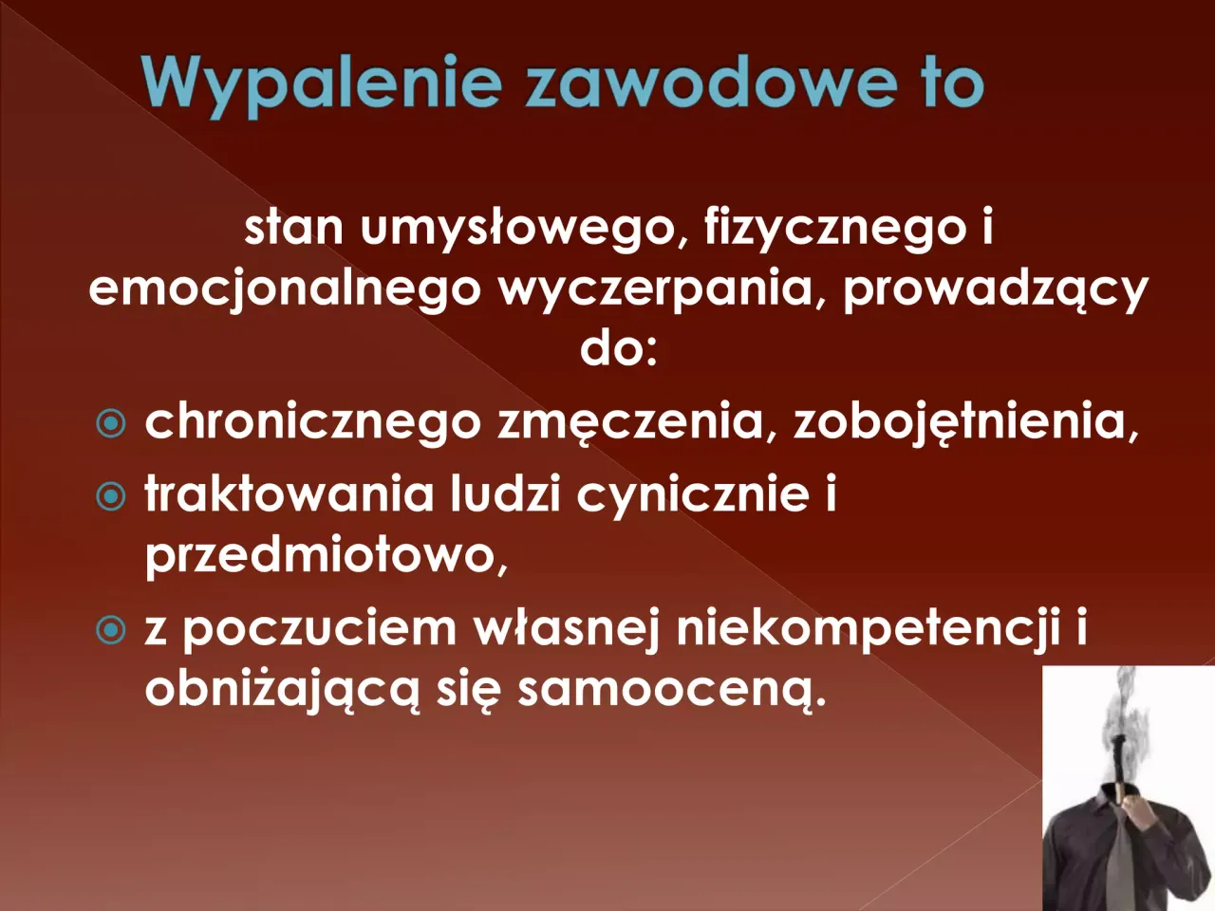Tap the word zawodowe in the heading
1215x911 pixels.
point(710,83)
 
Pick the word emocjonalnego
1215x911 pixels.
point(285,289)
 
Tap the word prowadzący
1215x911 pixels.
point(996,289)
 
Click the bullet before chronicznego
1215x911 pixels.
point(112,423)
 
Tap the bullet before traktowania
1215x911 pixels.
point(112,495)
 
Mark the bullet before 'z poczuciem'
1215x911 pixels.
point(112,629)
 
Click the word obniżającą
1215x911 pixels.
point(281,690)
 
